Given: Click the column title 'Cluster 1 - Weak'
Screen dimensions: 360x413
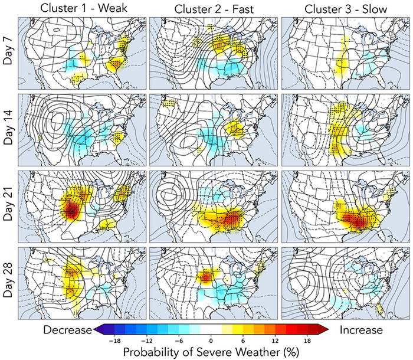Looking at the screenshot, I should (x=81, y=8).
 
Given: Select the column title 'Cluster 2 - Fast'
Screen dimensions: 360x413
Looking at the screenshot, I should (x=213, y=8).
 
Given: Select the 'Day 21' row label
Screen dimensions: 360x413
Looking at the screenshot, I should (x=8, y=204).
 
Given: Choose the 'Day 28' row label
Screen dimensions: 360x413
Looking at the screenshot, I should (x=8, y=281).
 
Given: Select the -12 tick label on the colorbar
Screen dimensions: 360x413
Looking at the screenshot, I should (x=150, y=340).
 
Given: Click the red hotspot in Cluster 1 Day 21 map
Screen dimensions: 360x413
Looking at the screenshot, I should (x=73, y=209).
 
